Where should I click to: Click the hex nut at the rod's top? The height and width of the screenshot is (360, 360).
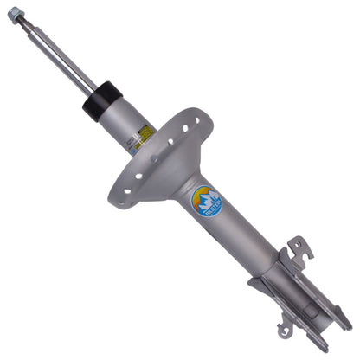(15, 14)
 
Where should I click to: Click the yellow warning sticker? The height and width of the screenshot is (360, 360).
(145, 132)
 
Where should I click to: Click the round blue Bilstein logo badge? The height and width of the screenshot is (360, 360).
(206, 202)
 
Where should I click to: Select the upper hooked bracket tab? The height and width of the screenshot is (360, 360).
(299, 250)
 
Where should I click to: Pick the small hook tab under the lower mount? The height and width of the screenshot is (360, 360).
(285, 328)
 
